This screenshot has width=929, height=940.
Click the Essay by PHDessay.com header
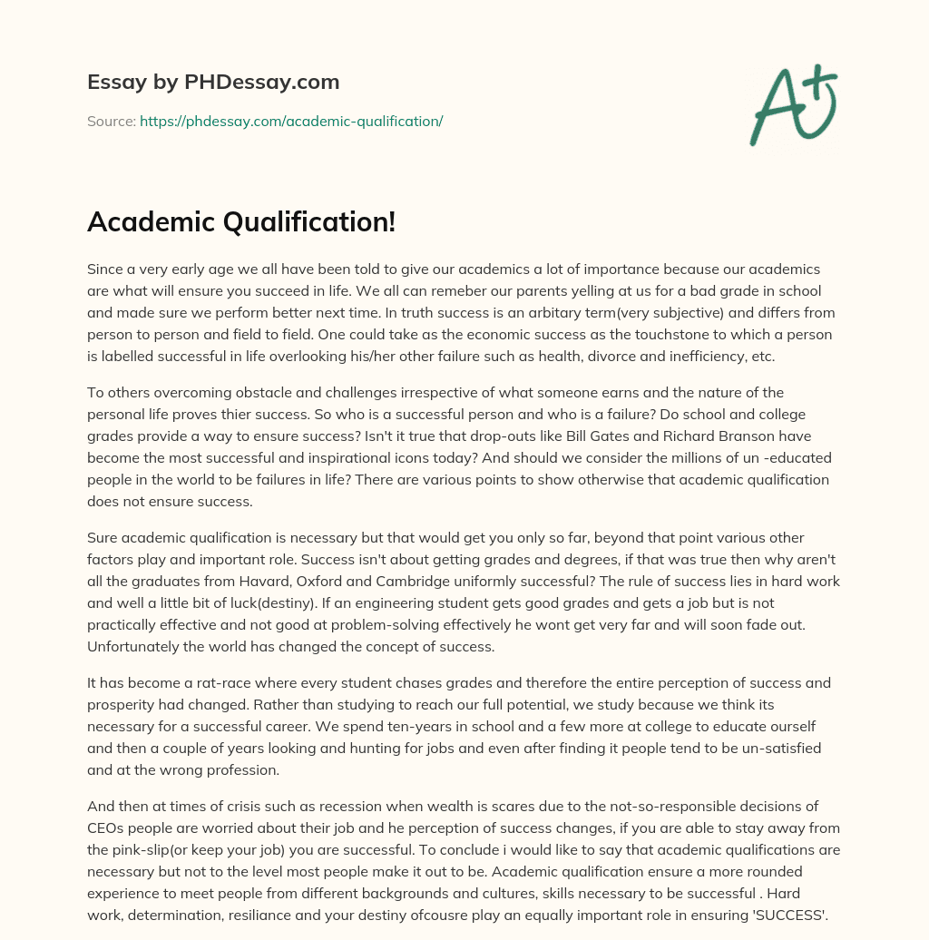coord(213,83)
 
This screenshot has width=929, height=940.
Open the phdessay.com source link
coord(291,121)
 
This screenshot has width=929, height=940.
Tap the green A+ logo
coord(793,104)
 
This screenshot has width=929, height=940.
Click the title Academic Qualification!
coord(241,221)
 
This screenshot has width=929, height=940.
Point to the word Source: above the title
coord(112,121)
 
